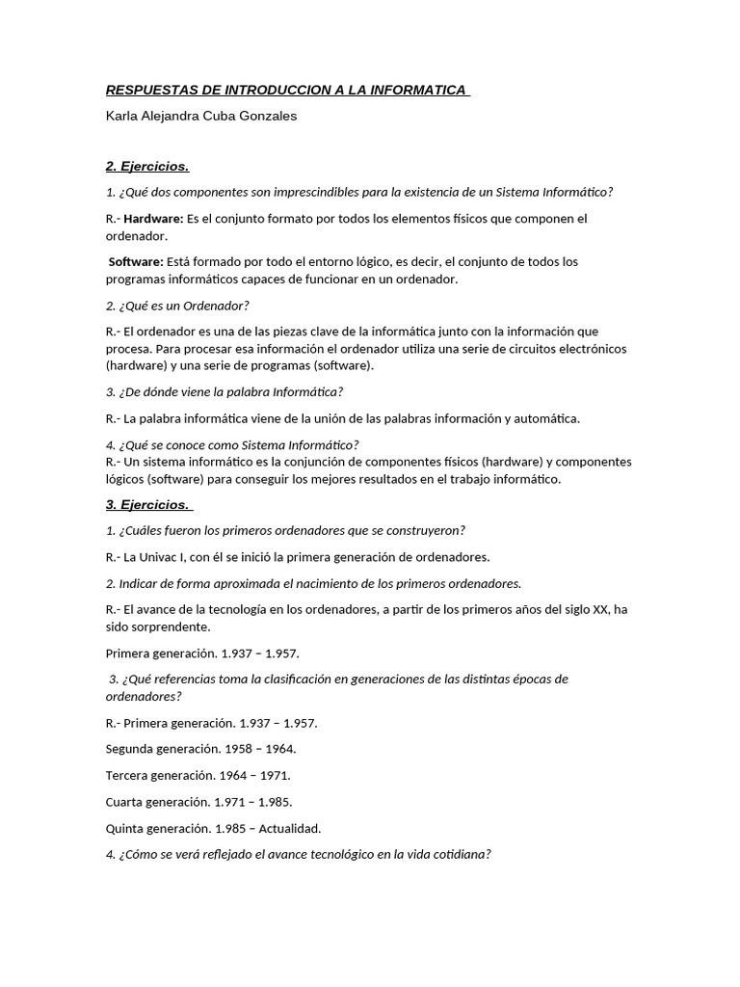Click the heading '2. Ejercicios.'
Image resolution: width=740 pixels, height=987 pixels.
tap(147, 166)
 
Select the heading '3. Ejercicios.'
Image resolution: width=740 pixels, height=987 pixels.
tap(148, 504)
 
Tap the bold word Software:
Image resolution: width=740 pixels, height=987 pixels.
tap(136, 262)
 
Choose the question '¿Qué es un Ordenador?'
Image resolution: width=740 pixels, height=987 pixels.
tap(184, 306)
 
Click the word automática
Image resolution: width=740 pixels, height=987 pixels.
tap(548, 418)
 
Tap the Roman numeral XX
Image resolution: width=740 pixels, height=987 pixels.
tap(602, 609)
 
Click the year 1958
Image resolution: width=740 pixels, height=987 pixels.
tap(240, 749)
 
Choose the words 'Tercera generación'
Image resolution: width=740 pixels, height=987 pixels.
tap(158, 775)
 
